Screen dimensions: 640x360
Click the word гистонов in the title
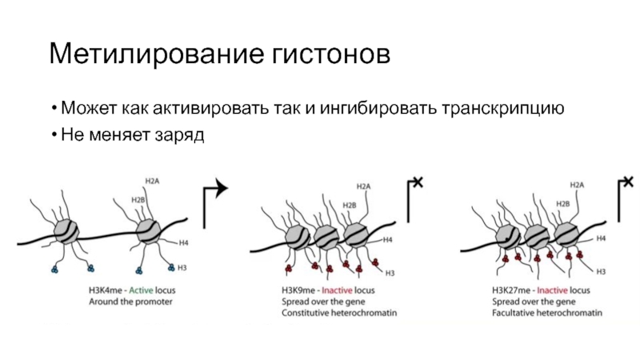tap(331, 54)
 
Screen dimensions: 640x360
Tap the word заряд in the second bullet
tap(179, 135)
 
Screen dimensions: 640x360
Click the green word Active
tap(141, 290)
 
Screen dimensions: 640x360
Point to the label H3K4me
tap(106, 290)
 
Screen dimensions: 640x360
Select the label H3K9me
tap(298, 290)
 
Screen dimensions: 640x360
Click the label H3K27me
tap(510, 290)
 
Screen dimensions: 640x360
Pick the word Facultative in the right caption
tap(513, 313)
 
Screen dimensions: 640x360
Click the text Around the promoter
tap(130, 302)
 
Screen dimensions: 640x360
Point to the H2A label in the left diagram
tap(152, 181)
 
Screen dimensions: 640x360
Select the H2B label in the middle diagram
tap(350, 206)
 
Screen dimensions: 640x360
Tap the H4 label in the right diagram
tap(601, 238)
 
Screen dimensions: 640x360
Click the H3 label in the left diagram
tap(182, 268)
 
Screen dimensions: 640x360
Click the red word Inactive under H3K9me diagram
tap(337, 290)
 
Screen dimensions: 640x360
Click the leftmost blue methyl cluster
tap(54, 270)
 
